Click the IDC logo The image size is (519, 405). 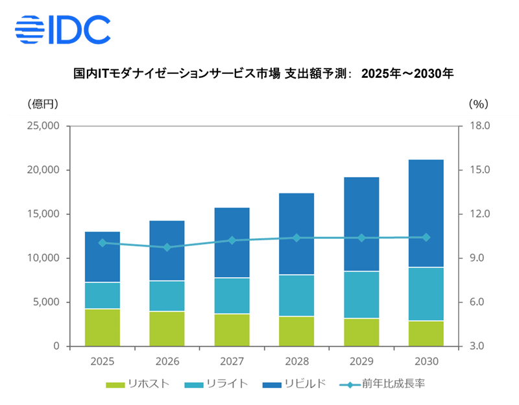[x=62, y=30]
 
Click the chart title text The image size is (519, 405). [x=263, y=74]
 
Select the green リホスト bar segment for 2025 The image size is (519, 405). [x=103, y=327]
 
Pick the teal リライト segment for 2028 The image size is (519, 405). [x=297, y=295]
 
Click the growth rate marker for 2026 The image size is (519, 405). [x=167, y=247]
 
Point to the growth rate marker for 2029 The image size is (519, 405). [x=362, y=238]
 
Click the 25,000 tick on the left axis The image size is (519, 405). [x=41, y=126]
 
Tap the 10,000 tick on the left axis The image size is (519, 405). [x=41, y=258]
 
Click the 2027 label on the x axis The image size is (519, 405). [x=232, y=362]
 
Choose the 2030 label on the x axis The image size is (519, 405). [x=427, y=362]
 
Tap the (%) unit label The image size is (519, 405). [x=478, y=103]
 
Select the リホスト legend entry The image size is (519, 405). [x=138, y=384]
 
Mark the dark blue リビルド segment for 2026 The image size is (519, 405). [x=167, y=251]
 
